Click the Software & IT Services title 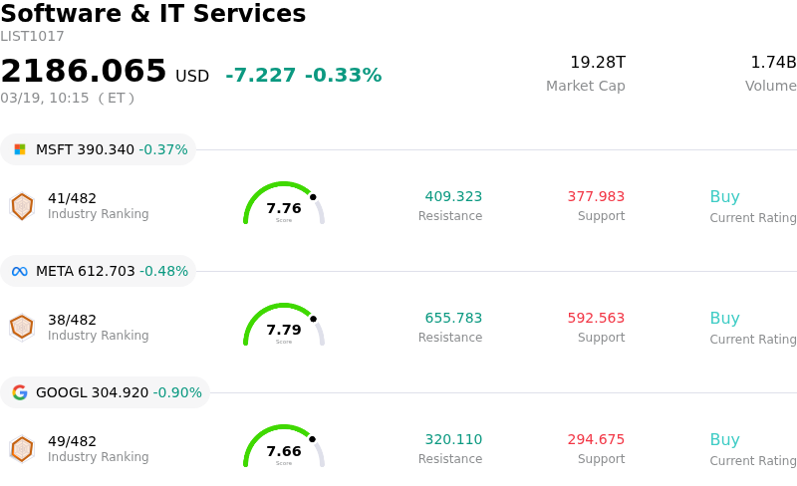pyautogui.click(x=152, y=14)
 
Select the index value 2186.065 pyautogui.click(x=84, y=72)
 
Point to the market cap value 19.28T pyautogui.click(x=597, y=63)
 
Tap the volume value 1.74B pyautogui.click(x=773, y=63)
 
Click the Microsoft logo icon pyautogui.click(x=20, y=149)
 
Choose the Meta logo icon pyautogui.click(x=20, y=271)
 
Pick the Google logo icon pyautogui.click(x=20, y=392)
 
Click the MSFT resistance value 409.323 pyautogui.click(x=453, y=197)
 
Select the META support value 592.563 pyautogui.click(x=596, y=319)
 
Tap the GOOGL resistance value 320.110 pyautogui.click(x=453, y=440)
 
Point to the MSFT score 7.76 pyautogui.click(x=284, y=209)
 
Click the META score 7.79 pyautogui.click(x=284, y=331)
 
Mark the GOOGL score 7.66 pyautogui.click(x=284, y=452)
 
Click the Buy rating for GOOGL pyautogui.click(x=724, y=440)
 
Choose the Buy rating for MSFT pyautogui.click(x=724, y=197)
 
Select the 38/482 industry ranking pyautogui.click(x=72, y=321)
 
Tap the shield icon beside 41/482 pyautogui.click(x=22, y=206)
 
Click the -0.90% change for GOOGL pyautogui.click(x=177, y=392)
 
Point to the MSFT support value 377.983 pyautogui.click(x=596, y=197)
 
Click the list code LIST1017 pyautogui.click(x=32, y=37)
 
